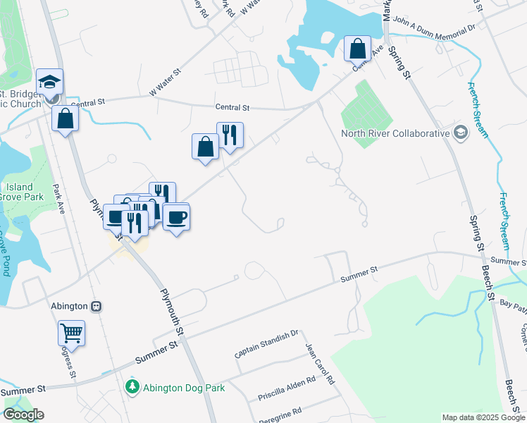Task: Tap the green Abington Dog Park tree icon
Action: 132,386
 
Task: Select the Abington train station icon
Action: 97,307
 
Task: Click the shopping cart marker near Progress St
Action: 71,332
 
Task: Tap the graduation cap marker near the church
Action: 49,82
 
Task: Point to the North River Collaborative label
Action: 395,133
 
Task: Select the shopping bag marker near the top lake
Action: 358,49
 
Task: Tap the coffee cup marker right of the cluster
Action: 175,216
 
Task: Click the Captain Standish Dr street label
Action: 268,343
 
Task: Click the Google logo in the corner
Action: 23,415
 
